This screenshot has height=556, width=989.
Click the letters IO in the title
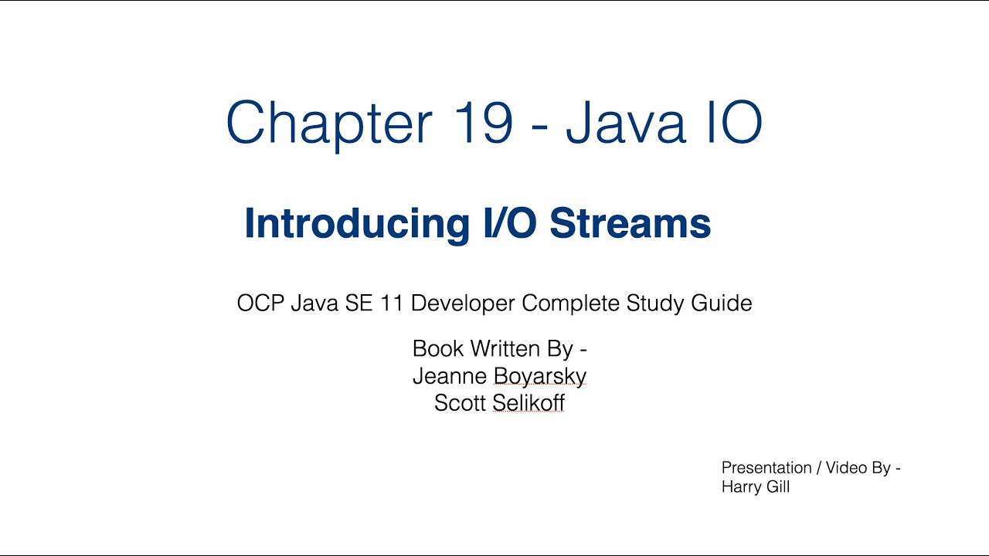tap(729, 123)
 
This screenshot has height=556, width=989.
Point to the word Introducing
tap(356, 224)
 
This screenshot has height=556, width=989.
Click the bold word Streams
tap(630, 224)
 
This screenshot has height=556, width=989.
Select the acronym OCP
tap(261, 303)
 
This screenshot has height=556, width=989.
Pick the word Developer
tap(463, 303)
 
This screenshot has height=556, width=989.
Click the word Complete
tap(571, 303)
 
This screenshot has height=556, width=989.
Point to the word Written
tap(505, 349)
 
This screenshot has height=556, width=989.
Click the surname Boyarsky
tap(540, 377)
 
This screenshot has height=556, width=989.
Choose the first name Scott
tap(460, 403)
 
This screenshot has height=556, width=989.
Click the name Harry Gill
tap(755, 487)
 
